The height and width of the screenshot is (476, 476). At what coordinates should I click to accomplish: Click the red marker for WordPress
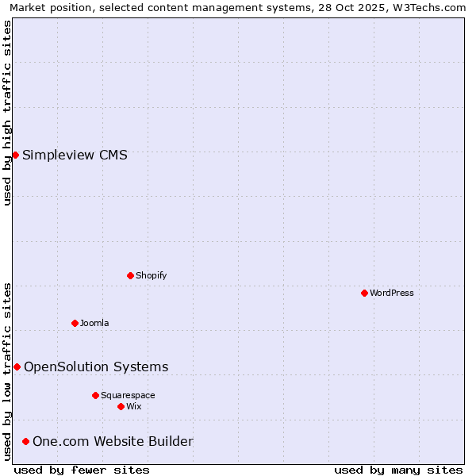point(364,293)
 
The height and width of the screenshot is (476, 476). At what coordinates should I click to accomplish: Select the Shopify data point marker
point(130,275)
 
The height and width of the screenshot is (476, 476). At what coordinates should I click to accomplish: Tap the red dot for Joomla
point(75,323)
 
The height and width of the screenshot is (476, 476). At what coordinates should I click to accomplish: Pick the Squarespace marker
point(95,395)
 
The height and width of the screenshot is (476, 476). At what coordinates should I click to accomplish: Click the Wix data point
point(121,406)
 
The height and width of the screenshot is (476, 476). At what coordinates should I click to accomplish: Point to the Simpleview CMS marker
point(15,155)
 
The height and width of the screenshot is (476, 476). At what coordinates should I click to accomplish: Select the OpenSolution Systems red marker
point(17,367)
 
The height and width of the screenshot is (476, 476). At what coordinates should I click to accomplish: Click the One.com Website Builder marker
point(25,441)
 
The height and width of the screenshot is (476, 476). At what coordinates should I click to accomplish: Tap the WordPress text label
point(392,293)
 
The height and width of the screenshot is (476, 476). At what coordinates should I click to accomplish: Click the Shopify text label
point(151,275)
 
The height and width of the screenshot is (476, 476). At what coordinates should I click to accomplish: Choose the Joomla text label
point(94,323)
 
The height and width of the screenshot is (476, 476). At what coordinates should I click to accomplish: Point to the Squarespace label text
point(128,395)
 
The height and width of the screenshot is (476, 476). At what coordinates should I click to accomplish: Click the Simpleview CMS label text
point(75,155)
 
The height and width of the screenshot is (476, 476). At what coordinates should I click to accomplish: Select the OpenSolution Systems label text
point(96,367)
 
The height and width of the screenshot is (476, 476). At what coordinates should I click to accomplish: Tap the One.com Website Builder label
point(113,441)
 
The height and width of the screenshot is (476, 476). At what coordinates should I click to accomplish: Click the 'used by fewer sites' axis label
point(82,470)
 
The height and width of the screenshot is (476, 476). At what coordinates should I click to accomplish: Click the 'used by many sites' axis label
point(398,470)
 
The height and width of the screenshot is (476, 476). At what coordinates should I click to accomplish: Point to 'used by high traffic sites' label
point(7,113)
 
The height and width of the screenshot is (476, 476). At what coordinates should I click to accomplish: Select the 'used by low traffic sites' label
point(7,371)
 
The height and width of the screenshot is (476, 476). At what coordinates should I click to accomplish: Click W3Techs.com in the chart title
point(429,7)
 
